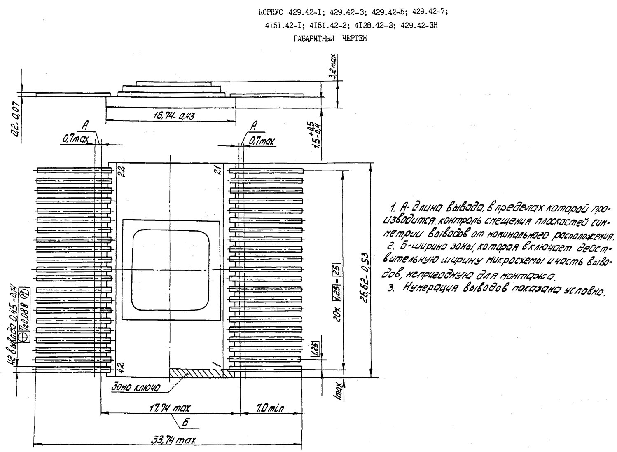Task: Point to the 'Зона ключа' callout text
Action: click(135, 388)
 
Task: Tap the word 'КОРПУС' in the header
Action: click(269, 12)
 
